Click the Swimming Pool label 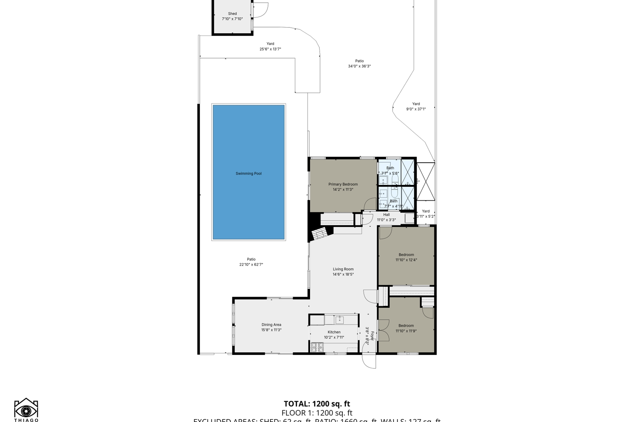point(248,173)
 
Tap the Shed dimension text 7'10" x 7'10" point(232,19)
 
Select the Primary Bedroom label point(343,184)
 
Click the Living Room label point(343,269)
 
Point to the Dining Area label point(271,325)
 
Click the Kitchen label point(334,332)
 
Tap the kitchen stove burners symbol point(317,347)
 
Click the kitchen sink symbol point(339,319)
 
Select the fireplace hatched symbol point(320,234)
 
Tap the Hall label point(386,215)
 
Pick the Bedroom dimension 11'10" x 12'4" point(406,260)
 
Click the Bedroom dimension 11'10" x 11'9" point(406,331)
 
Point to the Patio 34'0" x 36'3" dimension point(359,66)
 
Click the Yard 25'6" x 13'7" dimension point(270,49)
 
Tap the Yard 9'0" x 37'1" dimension point(416,109)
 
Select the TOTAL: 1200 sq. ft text point(317,404)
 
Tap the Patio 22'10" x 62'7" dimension point(251,264)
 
